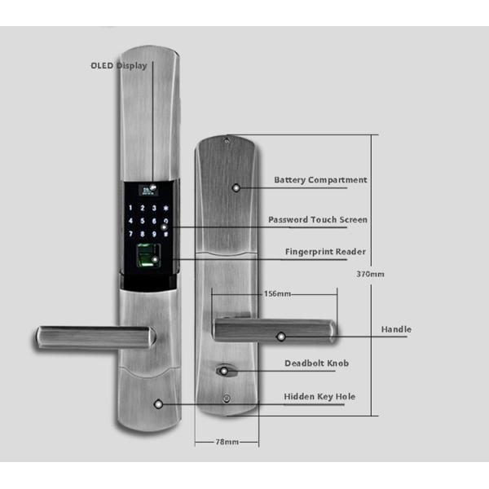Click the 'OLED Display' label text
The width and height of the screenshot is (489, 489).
118,65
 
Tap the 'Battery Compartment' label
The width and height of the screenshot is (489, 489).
320,180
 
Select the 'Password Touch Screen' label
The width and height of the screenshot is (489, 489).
318,220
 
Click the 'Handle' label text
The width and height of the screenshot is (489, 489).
396,329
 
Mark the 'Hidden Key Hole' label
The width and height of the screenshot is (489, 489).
319,397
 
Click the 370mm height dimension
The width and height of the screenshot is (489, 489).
370,274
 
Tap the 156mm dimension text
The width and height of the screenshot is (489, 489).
278,293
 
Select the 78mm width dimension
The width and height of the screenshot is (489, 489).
227,442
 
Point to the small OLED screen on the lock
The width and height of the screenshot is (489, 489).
148,189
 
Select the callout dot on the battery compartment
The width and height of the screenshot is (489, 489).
236,187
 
